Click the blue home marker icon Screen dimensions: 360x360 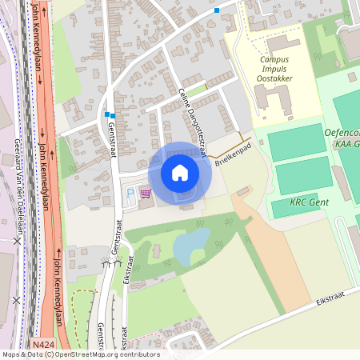[x=180, y=172]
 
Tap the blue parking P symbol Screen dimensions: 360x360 [x=131, y=193]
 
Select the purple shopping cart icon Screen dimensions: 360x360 [x=146, y=193]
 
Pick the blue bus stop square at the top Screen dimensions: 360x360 [x=217, y=10]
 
